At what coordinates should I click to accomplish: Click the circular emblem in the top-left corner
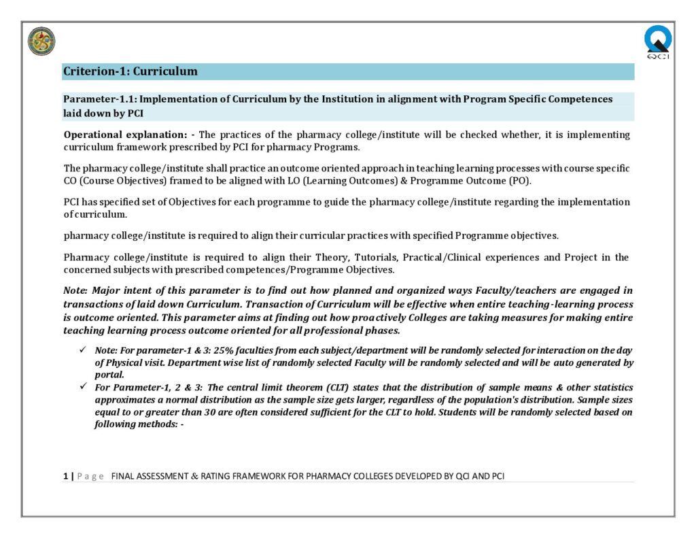click(x=41, y=41)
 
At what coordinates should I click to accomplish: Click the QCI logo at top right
click(x=657, y=41)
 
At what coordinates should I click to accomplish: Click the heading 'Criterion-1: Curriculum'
click(x=130, y=71)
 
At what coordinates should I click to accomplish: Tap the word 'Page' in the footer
click(x=90, y=476)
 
